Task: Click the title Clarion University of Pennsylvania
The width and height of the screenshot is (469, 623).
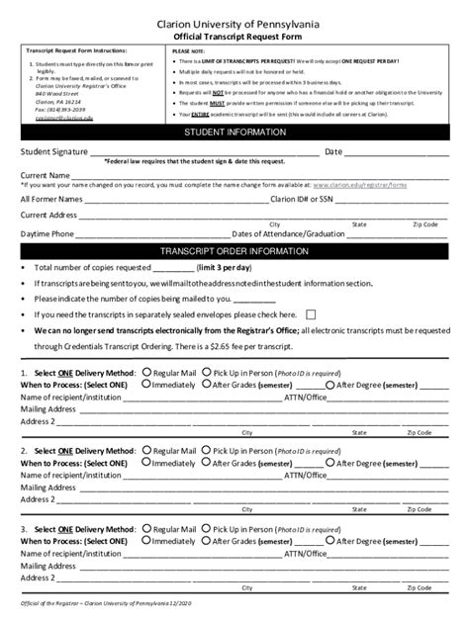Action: click(x=234, y=19)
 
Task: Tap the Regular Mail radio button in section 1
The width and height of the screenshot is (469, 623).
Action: click(x=147, y=373)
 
